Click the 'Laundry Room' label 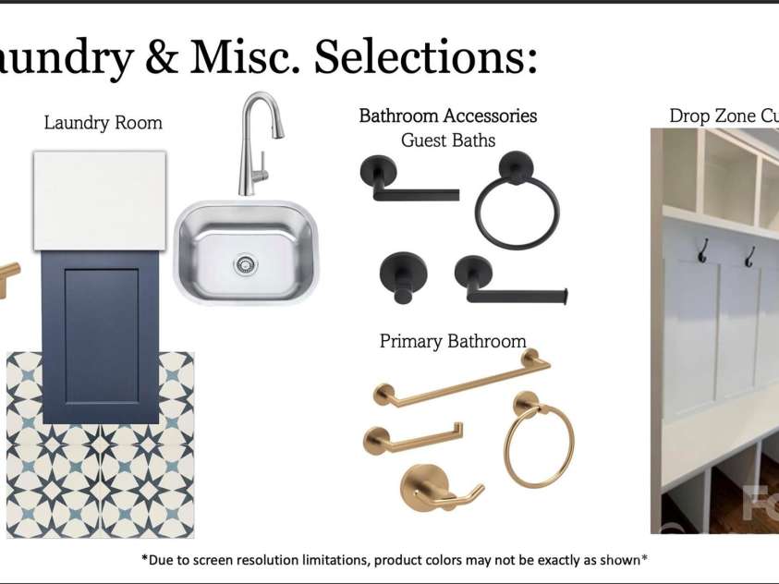[103, 123]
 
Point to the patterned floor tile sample [100, 481]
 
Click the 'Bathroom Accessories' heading [448, 116]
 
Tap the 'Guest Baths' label [448, 141]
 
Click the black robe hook [404, 276]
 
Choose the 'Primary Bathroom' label [453, 341]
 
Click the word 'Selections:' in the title [425, 57]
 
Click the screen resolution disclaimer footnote [393, 559]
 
